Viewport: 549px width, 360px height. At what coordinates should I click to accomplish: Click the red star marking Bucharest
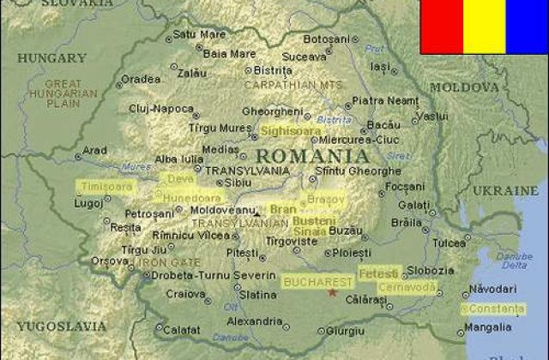coord(332,292)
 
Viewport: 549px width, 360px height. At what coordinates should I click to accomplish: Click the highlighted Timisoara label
coord(105,185)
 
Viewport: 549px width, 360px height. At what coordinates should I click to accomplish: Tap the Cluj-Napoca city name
coord(160,109)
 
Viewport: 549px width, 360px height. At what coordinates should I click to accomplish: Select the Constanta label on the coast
coord(495,308)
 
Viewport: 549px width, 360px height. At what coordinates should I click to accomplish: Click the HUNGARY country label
coord(51,58)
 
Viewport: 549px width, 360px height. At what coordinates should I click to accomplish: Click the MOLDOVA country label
coord(463,87)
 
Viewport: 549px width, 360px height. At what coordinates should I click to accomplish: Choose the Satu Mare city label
coord(199,35)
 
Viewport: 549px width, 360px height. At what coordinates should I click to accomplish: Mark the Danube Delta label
coord(515,261)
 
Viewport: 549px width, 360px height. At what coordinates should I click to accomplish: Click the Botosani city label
coord(327,39)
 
